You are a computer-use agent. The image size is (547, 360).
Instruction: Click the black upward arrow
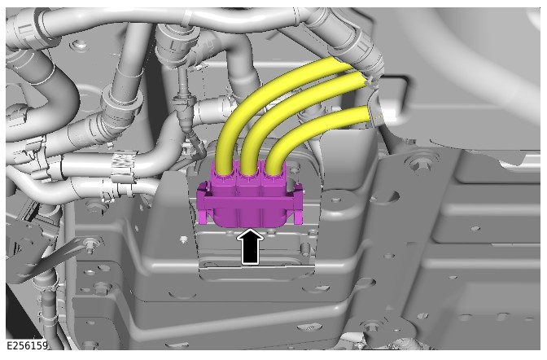pyautogui.click(x=250, y=247)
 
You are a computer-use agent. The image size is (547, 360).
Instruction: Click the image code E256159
pyautogui.click(x=27, y=345)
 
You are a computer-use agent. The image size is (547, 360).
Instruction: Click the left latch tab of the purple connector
pyautogui.click(x=203, y=205)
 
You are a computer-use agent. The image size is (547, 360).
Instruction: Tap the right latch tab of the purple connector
pyautogui.click(x=297, y=204)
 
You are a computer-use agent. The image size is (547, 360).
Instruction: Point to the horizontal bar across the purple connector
pyautogui.click(x=250, y=202)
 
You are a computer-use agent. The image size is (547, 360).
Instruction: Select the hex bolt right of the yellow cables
pyautogui.click(x=415, y=163)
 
